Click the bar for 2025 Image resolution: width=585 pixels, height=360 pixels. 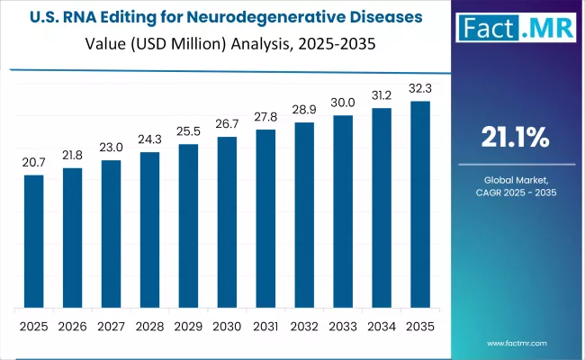pyautogui.click(x=33, y=240)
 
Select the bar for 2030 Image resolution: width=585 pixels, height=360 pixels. pyautogui.click(x=227, y=221)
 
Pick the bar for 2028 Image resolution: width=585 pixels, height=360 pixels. pyautogui.click(x=149, y=229)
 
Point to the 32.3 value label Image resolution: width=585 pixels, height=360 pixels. pyautogui.click(x=420, y=88)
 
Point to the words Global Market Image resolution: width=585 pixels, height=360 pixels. pyautogui.click(x=517, y=180)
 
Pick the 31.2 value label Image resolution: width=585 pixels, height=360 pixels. pyautogui.click(x=382, y=95)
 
